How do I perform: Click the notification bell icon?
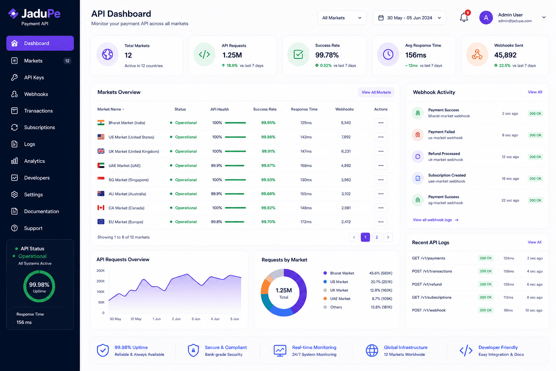[x=464, y=18]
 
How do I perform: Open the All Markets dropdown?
[x=342, y=18]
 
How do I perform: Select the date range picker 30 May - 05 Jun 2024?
[x=409, y=18]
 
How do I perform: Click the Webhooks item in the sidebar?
[x=36, y=94]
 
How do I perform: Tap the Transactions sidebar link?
[x=38, y=111]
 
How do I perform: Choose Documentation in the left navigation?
[x=42, y=212]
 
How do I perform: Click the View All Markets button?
[x=376, y=92]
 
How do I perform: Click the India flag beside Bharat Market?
[x=101, y=123]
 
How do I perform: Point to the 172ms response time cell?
[x=306, y=222]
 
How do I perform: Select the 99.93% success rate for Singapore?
[x=268, y=180]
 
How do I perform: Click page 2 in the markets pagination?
[x=376, y=237]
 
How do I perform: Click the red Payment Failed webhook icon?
[x=418, y=135]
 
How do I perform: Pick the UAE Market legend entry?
[x=340, y=299]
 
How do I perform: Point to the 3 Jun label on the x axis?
[x=196, y=319]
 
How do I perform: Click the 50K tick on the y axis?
[x=101, y=303]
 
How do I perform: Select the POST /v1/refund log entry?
[x=427, y=284]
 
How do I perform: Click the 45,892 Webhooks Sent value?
[x=505, y=55]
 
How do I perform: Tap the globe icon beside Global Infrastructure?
[x=372, y=351]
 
